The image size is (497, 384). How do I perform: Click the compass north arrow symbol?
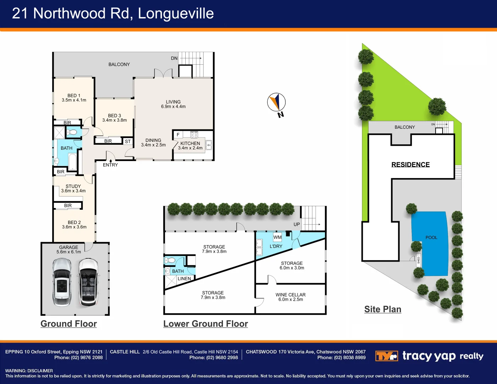pos(276,102)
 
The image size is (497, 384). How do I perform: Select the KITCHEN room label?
pos(190,143)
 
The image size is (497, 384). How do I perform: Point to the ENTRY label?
pos(110,165)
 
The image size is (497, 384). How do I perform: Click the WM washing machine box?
pos(278,237)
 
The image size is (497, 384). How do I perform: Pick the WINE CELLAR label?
pos(290,295)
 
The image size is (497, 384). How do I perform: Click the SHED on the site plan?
pos(419,260)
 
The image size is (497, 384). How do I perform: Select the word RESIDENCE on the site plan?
pos(410,164)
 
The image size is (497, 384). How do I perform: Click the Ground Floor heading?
pos(69,324)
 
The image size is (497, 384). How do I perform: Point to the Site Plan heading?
pos(383,309)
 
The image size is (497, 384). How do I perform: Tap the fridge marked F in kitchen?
pos(178,135)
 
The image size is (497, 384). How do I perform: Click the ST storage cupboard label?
pos(128,142)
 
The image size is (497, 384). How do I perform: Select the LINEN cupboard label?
pos(184,278)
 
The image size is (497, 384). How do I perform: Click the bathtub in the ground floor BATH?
pos(72,162)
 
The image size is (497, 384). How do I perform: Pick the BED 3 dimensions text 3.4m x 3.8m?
pos(114,120)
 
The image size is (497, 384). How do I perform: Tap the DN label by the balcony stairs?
pos(174,58)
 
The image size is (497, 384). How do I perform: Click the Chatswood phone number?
pos(341,357)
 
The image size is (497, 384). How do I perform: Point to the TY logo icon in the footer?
pos(387,356)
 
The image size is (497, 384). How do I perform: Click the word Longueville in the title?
pos(176,13)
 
